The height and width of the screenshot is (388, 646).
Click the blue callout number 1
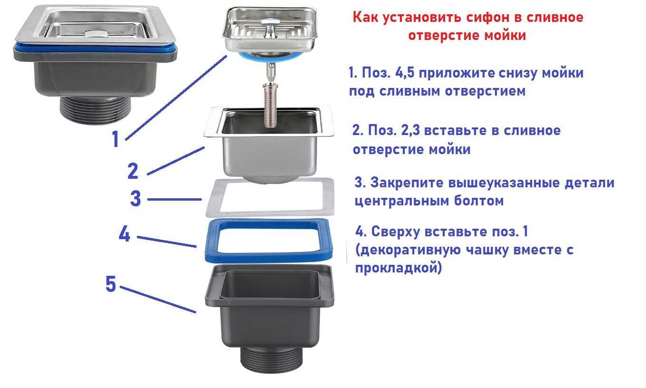115,139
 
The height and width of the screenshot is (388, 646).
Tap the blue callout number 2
133,171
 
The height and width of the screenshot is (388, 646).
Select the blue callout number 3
135,198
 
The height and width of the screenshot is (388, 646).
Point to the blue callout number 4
124,234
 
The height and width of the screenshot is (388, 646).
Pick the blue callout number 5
111,284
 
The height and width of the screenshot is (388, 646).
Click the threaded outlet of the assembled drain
95,110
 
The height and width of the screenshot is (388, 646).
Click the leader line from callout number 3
174,199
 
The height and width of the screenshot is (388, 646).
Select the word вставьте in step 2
456,130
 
